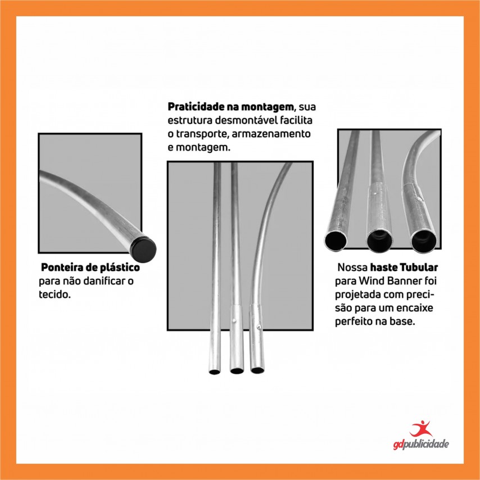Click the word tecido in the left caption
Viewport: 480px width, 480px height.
55,295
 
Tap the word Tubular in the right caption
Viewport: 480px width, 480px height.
419,267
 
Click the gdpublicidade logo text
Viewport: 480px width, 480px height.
421,444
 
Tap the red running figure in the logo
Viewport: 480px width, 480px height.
421,428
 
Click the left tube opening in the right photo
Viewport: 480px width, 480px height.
336,241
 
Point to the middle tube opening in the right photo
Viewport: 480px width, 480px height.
379,241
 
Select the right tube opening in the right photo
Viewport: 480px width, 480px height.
424,242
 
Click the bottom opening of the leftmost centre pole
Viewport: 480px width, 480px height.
215,372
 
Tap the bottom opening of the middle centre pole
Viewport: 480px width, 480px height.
237,371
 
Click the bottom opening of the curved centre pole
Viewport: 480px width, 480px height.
257,370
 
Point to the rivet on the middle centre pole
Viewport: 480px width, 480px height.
234,320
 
